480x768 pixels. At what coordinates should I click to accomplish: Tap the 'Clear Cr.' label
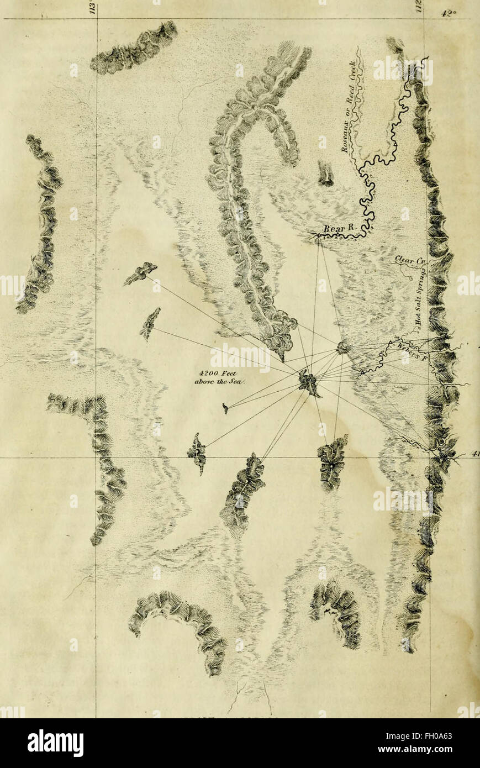(x=408, y=261)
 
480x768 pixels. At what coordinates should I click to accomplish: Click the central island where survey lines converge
(x=309, y=383)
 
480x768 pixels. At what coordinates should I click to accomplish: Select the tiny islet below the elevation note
(x=225, y=408)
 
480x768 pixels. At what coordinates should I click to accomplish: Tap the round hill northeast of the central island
(x=343, y=348)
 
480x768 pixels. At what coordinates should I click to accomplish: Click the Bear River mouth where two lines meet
(x=318, y=237)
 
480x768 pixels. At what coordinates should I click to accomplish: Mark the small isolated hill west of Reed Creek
(x=325, y=173)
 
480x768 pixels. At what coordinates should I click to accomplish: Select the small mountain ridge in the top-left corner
(x=134, y=50)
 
